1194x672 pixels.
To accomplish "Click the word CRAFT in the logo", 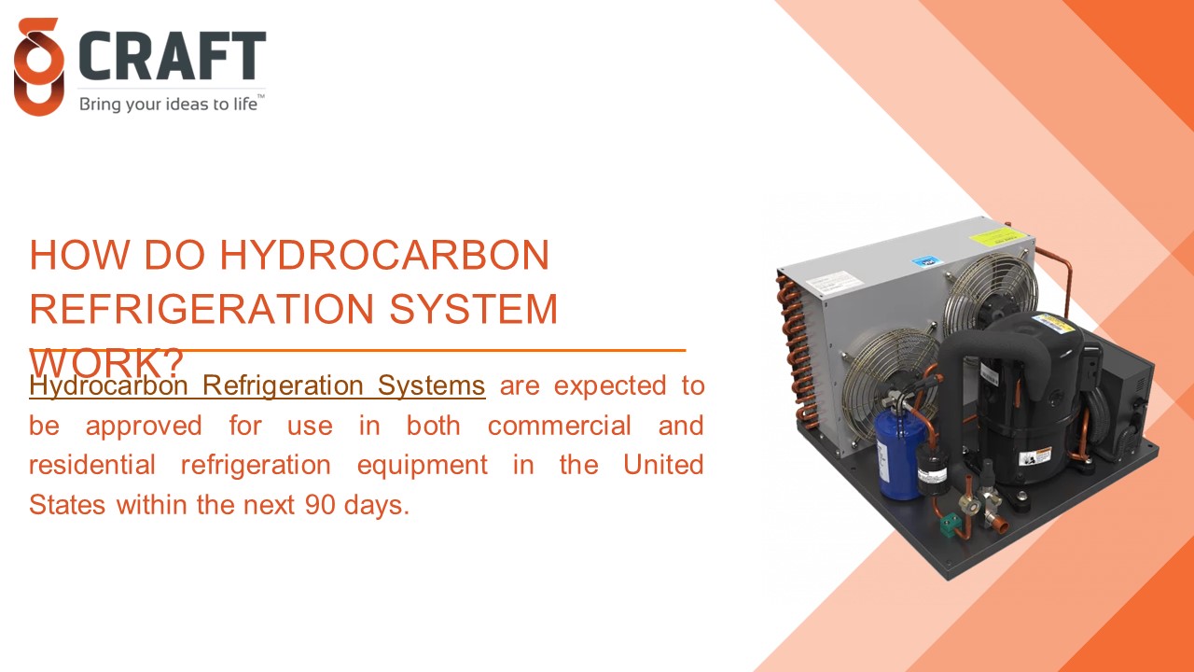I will (173, 57).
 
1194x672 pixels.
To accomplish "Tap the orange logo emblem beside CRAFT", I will (38, 67).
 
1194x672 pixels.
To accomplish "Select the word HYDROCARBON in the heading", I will (384, 256).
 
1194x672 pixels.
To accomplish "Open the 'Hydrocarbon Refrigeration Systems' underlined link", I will (257, 385).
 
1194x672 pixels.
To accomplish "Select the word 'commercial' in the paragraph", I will (559, 426).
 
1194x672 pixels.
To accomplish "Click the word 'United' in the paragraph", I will (663, 465).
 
